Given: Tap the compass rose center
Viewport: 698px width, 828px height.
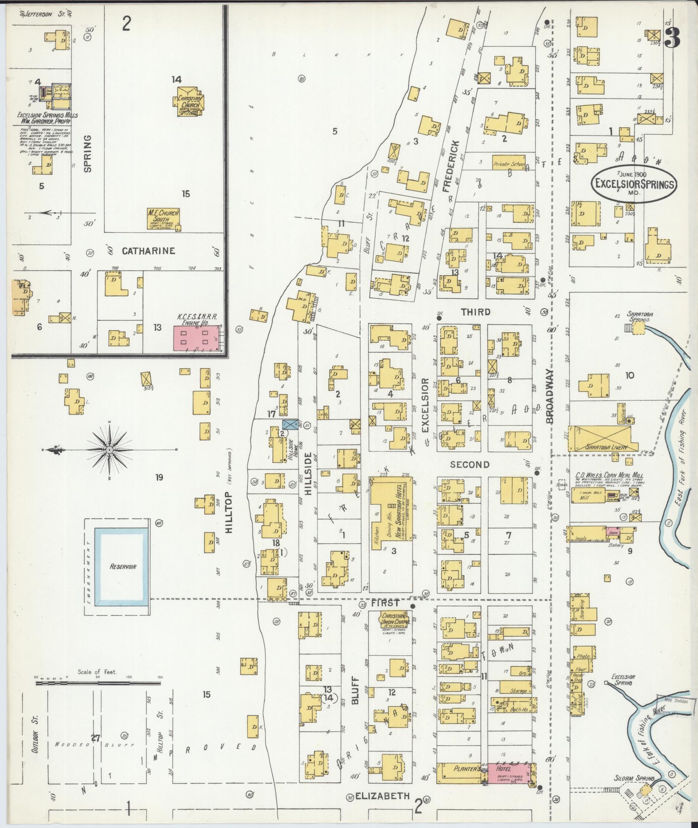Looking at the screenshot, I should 109,451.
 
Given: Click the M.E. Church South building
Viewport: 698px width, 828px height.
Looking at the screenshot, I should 163,219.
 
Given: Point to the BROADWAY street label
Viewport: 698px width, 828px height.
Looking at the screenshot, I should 550,396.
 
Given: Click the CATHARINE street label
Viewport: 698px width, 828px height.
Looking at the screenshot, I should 148,251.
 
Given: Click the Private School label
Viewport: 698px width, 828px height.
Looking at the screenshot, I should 508,164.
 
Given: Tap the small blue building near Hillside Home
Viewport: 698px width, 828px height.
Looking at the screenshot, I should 289,424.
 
